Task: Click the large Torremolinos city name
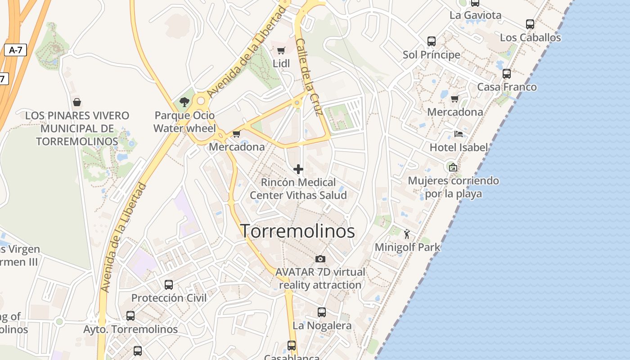tap(297, 231)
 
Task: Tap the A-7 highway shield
tap(15, 50)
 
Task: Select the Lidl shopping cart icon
tap(281, 50)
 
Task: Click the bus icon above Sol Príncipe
tap(432, 41)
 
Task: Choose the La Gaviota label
tap(475, 15)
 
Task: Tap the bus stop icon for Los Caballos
tap(530, 24)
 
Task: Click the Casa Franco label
tap(507, 87)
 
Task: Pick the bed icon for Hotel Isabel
tap(459, 134)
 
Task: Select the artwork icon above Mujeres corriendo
tap(453, 167)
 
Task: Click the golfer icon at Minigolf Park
tap(407, 234)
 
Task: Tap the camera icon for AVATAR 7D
tap(320, 259)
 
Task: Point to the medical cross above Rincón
tap(298, 169)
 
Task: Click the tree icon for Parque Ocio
tap(184, 102)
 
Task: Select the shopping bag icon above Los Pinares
tap(77, 102)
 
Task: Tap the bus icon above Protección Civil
tap(169, 285)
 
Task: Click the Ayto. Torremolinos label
tap(130, 329)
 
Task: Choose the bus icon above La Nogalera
tap(322, 312)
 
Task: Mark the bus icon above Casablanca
tap(292, 346)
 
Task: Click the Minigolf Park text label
tap(407, 247)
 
